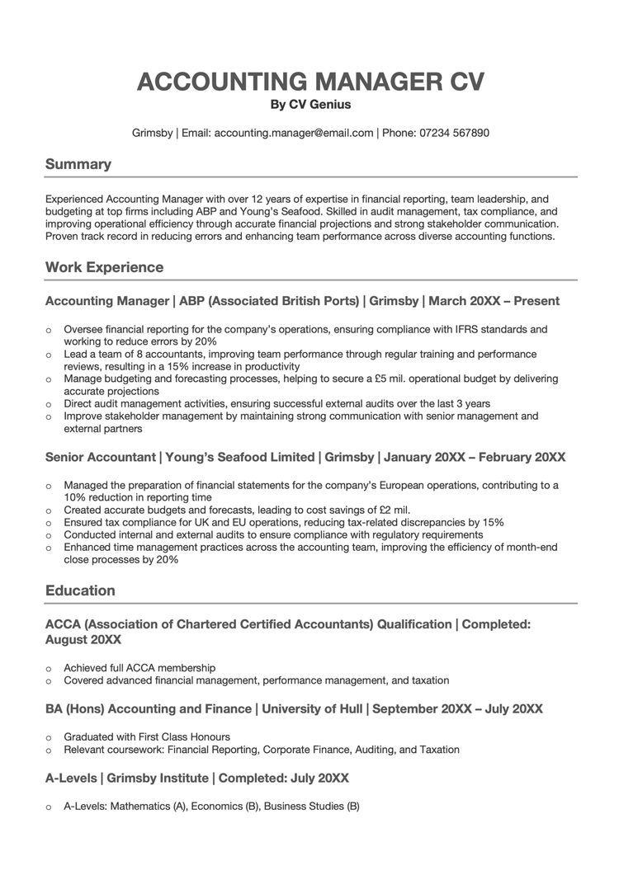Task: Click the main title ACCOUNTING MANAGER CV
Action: click(310, 82)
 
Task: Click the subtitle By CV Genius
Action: click(310, 105)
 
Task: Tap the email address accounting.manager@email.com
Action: click(294, 133)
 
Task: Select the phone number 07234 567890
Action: click(454, 133)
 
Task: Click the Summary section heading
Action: click(78, 164)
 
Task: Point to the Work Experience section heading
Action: click(105, 267)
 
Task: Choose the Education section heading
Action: click(80, 590)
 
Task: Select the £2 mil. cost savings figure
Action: click(390, 510)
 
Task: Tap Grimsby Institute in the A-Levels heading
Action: click(158, 778)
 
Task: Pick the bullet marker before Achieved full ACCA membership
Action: click(49, 668)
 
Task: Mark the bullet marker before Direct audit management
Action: click(49, 405)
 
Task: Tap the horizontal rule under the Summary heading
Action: click(310, 177)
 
